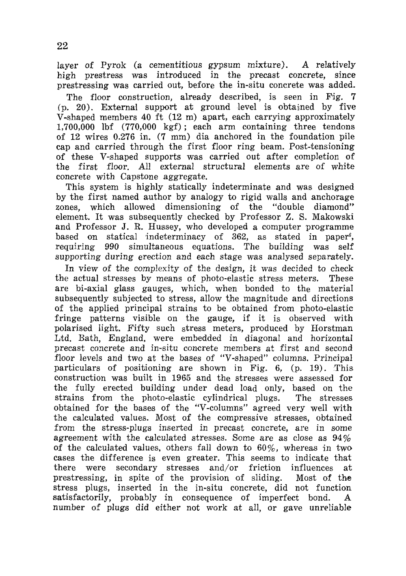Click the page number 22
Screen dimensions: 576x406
pos(62,46)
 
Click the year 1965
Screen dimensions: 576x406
pos(169,378)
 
